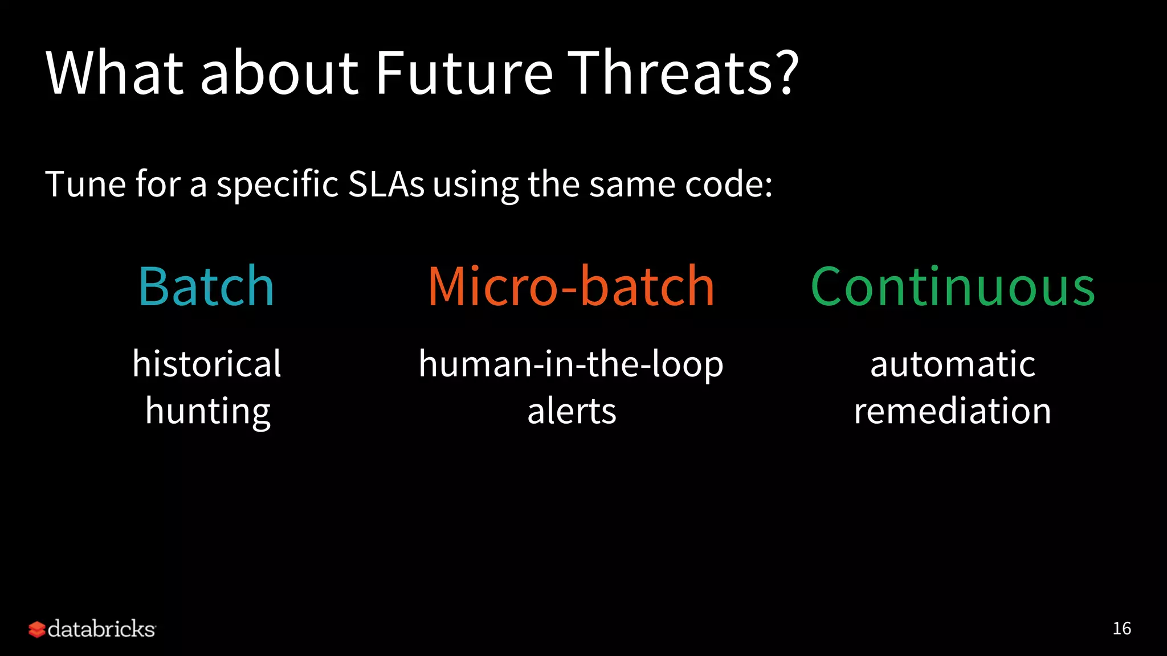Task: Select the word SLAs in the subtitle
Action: tap(386, 184)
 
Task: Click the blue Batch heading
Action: tap(206, 286)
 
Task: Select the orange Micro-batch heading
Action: tap(571, 286)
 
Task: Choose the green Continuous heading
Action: tap(952, 286)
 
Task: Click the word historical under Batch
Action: tap(206, 364)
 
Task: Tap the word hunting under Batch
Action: tap(207, 412)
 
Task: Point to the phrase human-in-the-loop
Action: tap(571, 364)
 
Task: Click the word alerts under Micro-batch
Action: tap(572, 411)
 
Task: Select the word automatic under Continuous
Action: tap(952, 364)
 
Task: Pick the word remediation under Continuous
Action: tap(952, 411)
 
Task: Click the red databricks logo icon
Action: tap(36, 629)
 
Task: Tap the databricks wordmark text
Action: tap(101, 629)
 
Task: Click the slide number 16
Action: tap(1121, 629)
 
